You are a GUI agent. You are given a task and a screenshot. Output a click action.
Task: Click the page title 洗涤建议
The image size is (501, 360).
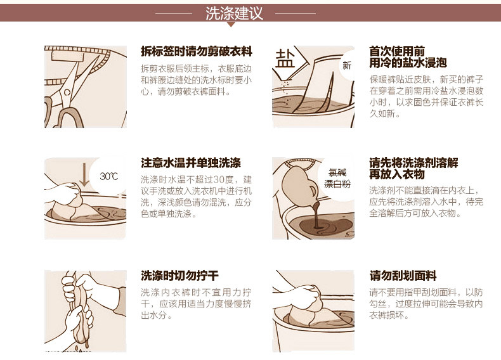tap(234, 13)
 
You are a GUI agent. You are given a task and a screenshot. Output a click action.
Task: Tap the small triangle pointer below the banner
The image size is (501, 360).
tap(231, 24)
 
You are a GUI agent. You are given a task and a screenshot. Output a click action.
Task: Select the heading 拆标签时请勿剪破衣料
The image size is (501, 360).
tap(197, 51)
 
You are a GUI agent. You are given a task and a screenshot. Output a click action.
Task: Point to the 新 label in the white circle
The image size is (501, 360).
tap(347, 65)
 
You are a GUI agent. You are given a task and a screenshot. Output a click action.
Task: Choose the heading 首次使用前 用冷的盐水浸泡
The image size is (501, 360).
tap(408, 57)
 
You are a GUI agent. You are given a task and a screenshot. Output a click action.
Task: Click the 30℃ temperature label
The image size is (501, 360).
tap(108, 176)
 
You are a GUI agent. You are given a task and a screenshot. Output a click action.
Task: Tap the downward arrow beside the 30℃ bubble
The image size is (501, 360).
tap(84, 174)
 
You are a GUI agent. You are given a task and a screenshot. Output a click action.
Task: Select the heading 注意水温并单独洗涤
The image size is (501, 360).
tap(191, 163)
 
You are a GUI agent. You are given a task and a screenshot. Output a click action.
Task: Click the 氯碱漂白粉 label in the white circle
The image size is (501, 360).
tap(337, 179)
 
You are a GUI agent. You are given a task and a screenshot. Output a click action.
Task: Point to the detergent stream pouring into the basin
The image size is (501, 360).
tap(317, 215)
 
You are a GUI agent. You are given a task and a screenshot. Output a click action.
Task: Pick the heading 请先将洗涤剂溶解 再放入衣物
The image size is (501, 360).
tap(413, 169)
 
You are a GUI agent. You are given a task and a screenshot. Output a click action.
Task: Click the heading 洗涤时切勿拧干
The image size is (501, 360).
tap(180, 276)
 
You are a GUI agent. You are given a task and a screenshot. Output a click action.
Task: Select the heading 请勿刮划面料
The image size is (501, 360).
tap(403, 276)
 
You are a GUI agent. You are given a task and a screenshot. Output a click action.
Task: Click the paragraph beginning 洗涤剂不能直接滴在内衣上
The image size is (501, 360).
tap(426, 202)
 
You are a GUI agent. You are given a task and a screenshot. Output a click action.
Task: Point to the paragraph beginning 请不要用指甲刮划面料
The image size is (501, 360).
tap(426, 304)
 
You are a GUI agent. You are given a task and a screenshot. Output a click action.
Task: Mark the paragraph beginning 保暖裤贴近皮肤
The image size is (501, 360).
tap(427, 96)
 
